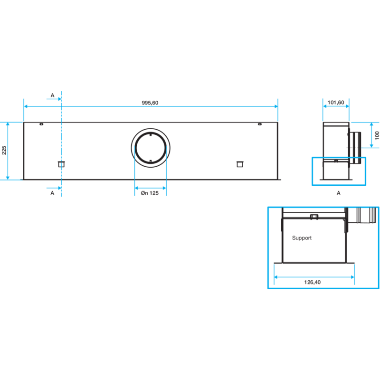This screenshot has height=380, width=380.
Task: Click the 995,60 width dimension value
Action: click(150, 103)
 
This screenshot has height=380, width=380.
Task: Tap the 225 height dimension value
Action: click(4, 150)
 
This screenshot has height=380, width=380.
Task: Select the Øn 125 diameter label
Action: click(150, 193)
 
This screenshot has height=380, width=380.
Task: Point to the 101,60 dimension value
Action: click(336, 103)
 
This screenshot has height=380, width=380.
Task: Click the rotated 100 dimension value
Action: click(377, 135)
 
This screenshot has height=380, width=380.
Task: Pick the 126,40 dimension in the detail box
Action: click(313, 282)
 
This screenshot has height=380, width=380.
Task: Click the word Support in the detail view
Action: click(302, 238)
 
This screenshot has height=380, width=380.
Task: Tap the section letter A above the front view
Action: click(52, 95)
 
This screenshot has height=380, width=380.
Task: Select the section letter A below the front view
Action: click(52, 193)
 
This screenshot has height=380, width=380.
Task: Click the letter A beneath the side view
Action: click(339, 193)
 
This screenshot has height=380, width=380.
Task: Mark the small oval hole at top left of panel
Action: click(41, 124)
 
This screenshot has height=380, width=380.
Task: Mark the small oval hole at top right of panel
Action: click(260, 124)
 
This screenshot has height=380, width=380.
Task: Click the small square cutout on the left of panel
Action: click(61, 164)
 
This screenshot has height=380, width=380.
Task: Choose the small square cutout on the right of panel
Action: click(240, 164)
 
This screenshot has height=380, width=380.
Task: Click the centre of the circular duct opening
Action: click(151, 148)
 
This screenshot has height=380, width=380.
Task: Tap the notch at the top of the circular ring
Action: click(151, 134)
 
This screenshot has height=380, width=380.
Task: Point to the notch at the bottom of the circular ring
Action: click(151, 161)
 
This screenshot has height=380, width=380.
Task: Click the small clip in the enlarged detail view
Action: click(314, 217)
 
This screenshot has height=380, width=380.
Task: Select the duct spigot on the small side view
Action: click(355, 148)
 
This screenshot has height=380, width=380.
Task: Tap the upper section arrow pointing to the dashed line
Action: click(54, 99)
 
